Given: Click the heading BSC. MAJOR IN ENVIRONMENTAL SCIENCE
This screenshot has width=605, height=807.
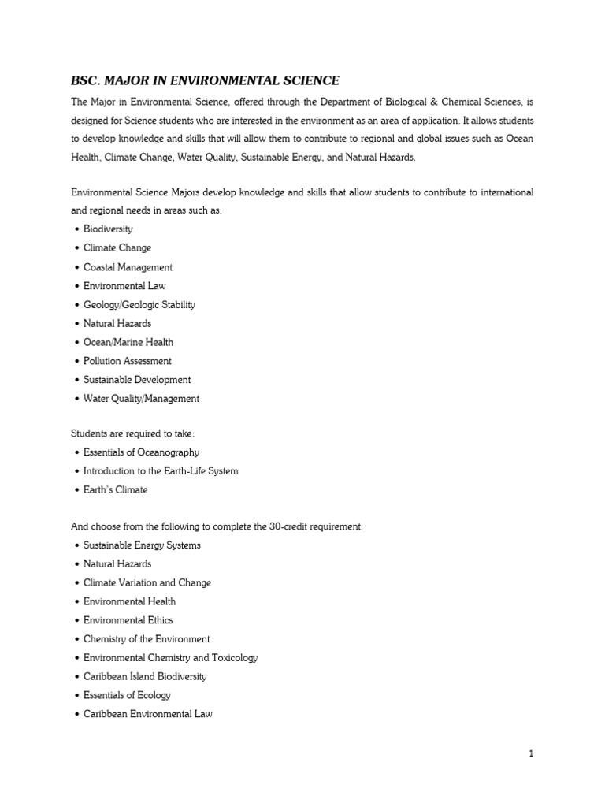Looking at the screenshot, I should pyautogui.click(x=205, y=80).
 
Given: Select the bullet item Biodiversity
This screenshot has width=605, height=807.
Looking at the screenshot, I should pyautogui.click(x=108, y=229).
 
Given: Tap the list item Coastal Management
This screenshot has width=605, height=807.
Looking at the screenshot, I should pyautogui.click(x=128, y=267).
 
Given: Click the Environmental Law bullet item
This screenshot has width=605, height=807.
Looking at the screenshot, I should pyautogui.click(x=124, y=286).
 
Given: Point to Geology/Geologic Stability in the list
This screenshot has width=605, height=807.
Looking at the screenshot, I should pyautogui.click(x=139, y=305).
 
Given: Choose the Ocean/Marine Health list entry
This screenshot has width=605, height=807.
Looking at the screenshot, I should pyautogui.click(x=128, y=342).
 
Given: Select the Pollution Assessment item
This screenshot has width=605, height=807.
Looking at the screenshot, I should pyautogui.click(x=127, y=361).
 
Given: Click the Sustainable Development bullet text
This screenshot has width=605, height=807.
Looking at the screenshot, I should pyautogui.click(x=137, y=380).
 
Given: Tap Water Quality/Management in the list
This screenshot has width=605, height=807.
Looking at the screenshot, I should pyautogui.click(x=141, y=399).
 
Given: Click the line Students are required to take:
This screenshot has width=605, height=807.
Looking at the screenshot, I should pyautogui.click(x=127, y=433).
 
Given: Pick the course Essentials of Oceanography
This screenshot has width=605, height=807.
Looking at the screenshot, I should pyautogui.click(x=141, y=452).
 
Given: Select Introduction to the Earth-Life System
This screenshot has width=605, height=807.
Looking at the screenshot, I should pyautogui.click(x=161, y=471).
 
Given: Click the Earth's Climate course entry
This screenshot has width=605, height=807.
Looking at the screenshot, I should pyautogui.click(x=115, y=490).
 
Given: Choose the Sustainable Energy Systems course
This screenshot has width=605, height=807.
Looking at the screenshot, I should pyautogui.click(x=142, y=545).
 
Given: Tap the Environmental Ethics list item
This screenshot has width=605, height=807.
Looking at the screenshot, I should pyautogui.click(x=128, y=620).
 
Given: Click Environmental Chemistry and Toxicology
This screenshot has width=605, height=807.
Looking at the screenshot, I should pyautogui.click(x=170, y=658).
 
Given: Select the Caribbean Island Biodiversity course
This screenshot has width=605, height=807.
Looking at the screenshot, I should pyautogui.click(x=145, y=677).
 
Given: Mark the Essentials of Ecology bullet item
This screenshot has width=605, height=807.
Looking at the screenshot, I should pyautogui.click(x=127, y=696).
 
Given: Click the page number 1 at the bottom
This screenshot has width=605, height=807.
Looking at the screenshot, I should pyautogui.click(x=531, y=754).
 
